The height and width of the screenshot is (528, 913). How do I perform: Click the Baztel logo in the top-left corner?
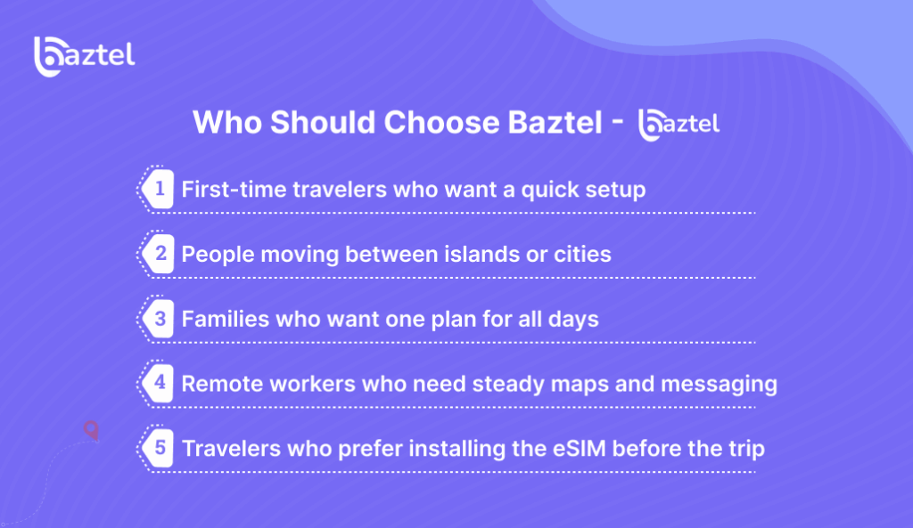coord(84,56)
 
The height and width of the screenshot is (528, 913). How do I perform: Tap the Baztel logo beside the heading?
coord(679,125)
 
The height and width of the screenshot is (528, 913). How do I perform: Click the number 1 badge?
coord(159,189)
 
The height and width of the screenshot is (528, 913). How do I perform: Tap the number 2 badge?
coord(159,254)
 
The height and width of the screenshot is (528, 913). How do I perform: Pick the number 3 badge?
coord(159,319)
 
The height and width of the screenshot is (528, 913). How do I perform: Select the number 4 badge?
coord(159,384)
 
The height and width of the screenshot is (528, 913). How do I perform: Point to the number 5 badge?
coord(159,448)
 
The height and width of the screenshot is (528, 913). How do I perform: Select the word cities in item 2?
coord(583,254)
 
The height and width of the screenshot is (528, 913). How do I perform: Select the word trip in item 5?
coord(744,448)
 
